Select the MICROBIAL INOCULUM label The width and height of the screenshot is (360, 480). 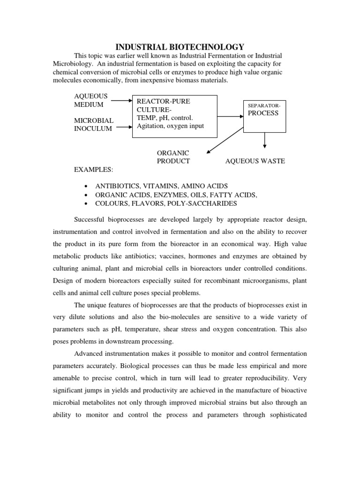(x=94, y=125)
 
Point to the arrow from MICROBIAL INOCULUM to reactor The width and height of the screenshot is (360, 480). (x=121, y=126)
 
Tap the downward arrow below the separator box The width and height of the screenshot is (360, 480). (x=265, y=139)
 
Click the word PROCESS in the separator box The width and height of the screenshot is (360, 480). (x=263, y=113)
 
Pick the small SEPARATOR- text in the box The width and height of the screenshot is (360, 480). (x=264, y=106)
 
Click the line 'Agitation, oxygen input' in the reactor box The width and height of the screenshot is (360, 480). (x=170, y=126)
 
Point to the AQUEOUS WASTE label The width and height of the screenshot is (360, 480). (x=255, y=161)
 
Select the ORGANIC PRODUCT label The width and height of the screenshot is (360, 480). (x=173, y=157)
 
